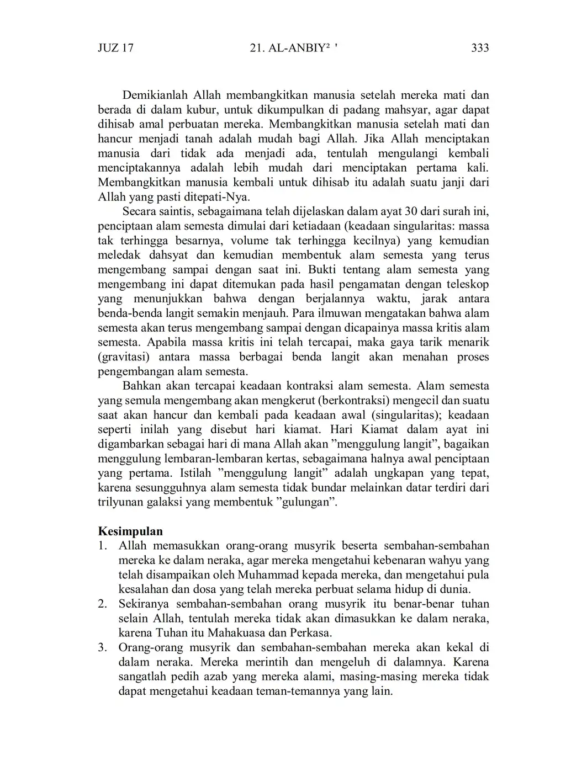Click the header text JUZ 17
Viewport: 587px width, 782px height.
click(x=115, y=48)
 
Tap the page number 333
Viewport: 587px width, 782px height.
click(x=480, y=48)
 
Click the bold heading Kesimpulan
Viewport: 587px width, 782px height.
click(x=130, y=531)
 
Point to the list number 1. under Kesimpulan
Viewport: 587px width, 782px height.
click(x=102, y=546)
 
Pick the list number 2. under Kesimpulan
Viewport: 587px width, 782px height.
click(x=102, y=604)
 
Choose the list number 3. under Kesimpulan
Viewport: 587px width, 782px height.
click(x=102, y=648)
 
